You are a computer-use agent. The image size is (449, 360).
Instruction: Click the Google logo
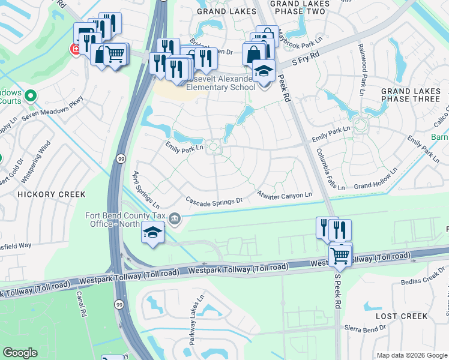[x=20, y=353]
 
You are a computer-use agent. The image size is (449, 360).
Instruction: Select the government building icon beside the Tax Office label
[x=175, y=218]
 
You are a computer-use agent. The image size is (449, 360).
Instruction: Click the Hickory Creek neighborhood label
[x=51, y=194]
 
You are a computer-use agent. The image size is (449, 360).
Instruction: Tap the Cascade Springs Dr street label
[x=214, y=200]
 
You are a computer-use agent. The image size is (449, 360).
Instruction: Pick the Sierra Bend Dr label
[x=365, y=329]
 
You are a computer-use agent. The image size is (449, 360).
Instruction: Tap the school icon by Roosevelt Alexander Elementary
[x=263, y=71]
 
